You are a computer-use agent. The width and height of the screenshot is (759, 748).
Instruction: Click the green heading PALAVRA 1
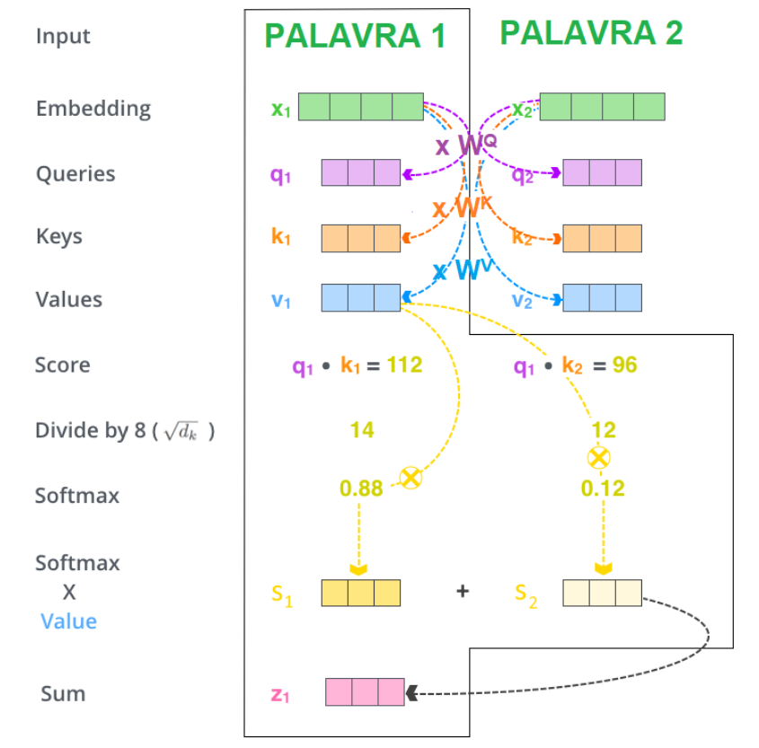pos(355,37)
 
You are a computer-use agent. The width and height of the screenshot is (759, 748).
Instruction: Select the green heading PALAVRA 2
pos(591,33)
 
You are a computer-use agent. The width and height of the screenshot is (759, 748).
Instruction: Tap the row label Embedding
pos(93,109)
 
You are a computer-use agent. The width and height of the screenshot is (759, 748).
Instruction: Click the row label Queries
pos(75,173)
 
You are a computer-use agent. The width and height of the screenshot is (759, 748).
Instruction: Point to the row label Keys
pos(59,237)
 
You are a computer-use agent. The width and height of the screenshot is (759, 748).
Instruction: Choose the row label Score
pos(63,365)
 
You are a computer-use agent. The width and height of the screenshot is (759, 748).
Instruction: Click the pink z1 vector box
pos(365,692)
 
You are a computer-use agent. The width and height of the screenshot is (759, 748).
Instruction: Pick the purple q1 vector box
pos(361,172)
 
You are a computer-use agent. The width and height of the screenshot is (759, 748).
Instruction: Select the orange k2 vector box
pos(602,238)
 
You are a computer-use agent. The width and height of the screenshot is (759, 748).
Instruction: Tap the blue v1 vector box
pos(361,298)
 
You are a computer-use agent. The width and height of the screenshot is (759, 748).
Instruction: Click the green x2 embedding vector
pos(602,106)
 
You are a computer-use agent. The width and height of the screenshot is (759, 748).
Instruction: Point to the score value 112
pos(403,365)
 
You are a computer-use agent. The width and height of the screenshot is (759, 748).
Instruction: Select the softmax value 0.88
pos(361,488)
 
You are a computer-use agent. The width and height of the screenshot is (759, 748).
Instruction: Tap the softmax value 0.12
pos(603,488)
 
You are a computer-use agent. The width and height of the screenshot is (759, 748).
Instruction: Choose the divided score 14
pos(362,431)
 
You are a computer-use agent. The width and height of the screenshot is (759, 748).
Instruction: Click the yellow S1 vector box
pos(361,593)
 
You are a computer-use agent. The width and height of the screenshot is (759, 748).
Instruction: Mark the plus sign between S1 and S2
pos(463,592)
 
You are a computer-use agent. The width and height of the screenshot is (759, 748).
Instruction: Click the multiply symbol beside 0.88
pos(410,478)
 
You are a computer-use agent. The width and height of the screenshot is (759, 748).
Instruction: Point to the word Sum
pos(63,693)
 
